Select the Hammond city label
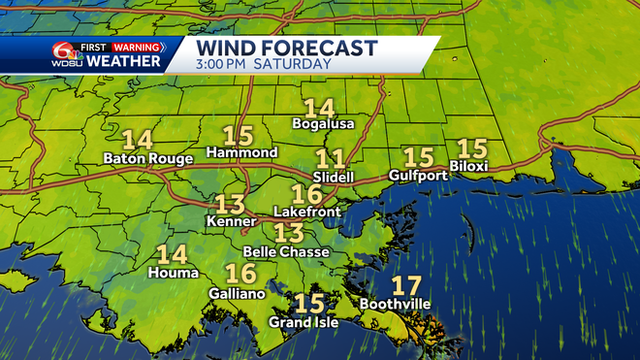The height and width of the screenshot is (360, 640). coord(242,153)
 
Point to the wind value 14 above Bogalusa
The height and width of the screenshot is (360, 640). coord(318,108)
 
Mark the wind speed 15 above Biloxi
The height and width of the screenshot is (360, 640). coord(471,148)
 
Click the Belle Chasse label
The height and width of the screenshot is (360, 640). coord(287,251)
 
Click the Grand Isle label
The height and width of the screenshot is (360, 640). coord(304,322)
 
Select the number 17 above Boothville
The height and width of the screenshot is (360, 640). coord(406,286)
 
